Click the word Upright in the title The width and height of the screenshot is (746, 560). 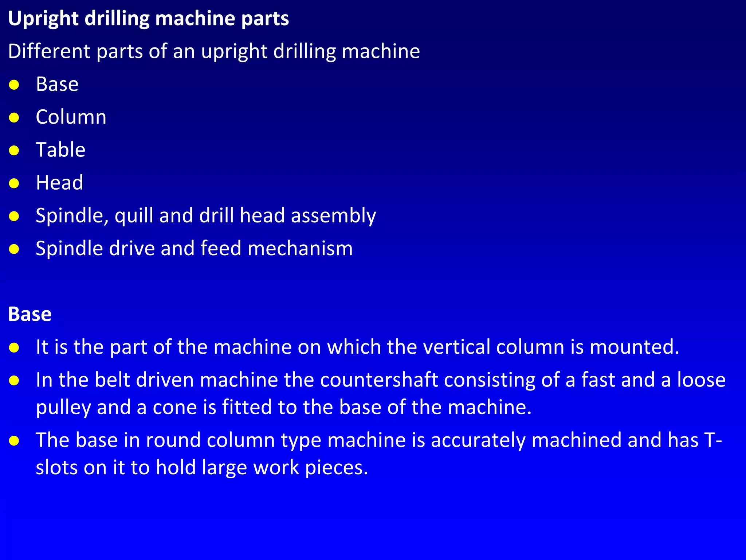(43, 19)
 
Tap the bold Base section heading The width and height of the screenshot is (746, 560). (30, 314)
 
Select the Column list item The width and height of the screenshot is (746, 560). (71, 117)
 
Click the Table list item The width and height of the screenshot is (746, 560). (60, 150)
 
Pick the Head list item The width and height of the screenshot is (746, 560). (59, 183)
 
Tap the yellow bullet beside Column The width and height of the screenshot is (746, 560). (14, 118)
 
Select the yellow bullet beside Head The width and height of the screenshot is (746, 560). (14, 183)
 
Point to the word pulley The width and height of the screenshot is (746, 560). (63, 408)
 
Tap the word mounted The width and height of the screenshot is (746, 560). (634, 347)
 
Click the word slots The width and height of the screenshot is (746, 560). (56, 467)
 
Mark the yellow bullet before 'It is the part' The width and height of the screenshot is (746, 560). (14, 348)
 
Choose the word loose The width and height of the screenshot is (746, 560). (701, 380)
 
